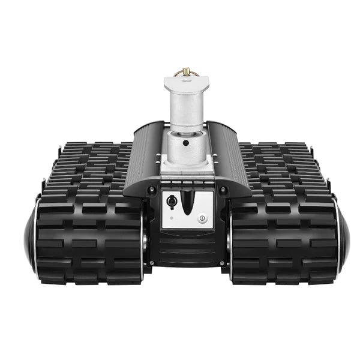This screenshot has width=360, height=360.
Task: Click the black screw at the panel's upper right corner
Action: click(223, 190)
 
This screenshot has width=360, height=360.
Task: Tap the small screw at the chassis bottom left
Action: click(152, 263)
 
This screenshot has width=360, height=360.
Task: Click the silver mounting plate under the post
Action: click(185, 174)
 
